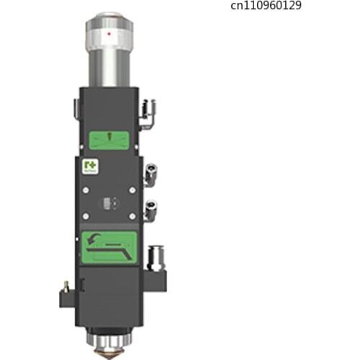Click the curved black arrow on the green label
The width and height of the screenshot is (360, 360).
pos(91,238)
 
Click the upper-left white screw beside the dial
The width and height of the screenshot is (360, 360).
pos(85,191)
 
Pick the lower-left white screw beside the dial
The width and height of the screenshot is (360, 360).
pos(85,217)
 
